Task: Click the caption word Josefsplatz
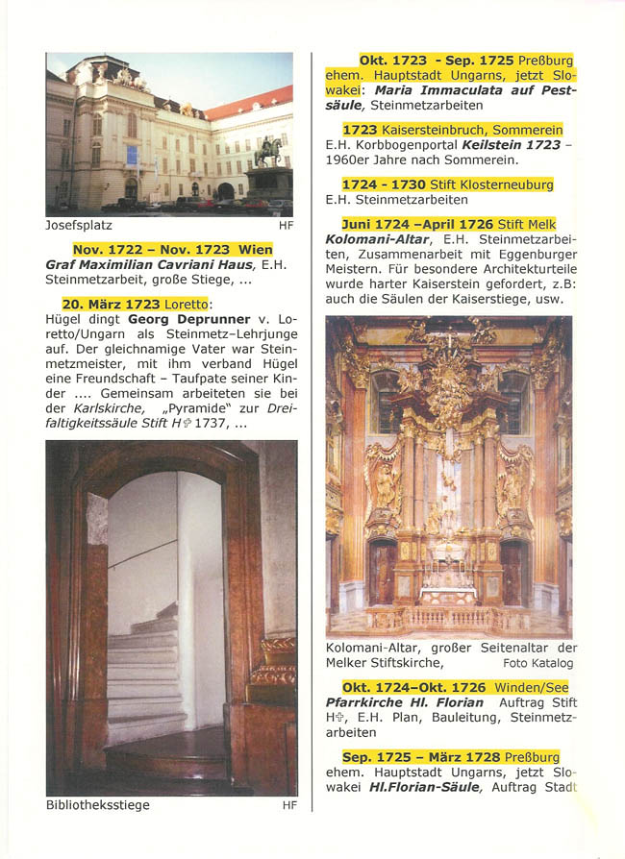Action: pyautogui.click(x=79, y=226)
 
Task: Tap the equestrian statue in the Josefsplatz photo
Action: pyautogui.click(x=268, y=153)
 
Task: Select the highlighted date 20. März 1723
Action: pyautogui.click(x=111, y=304)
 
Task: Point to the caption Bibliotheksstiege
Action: pyautogui.click(x=97, y=805)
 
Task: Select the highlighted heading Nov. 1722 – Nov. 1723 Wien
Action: pyautogui.click(x=173, y=249)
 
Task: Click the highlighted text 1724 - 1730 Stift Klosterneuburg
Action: pyautogui.click(x=447, y=184)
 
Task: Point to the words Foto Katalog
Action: pyautogui.click(x=539, y=663)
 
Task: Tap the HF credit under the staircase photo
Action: pyautogui.click(x=288, y=805)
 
